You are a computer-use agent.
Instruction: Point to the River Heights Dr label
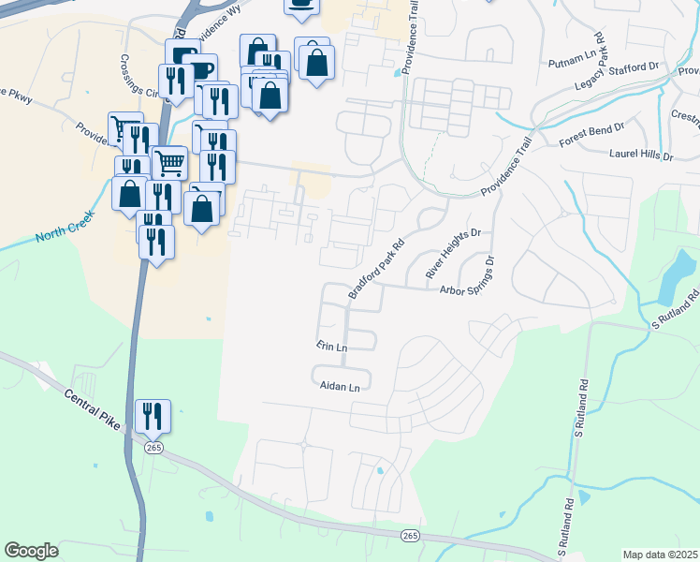pyautogui.click(x=453, y=253)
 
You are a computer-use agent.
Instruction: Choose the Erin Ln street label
pyautogui.click(x=331, y=347)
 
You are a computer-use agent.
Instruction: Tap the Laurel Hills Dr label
pyautogui.click(x=641, y=155)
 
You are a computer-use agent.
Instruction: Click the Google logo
pyautogui.click(x=31, y=551)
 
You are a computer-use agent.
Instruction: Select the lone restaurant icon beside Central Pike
pyautogui.click(x=153, y=415)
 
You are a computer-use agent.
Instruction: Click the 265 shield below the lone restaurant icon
pyautogui.click(x=153, y=449)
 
